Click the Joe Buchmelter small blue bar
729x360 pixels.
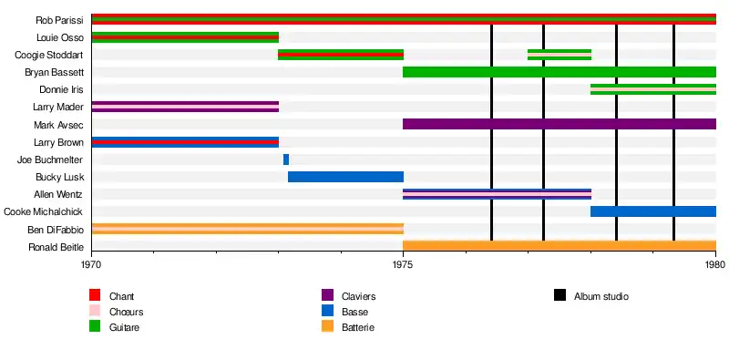point(286,159)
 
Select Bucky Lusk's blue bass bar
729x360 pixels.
point(346,177)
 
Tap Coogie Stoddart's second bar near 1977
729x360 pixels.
point(560,55)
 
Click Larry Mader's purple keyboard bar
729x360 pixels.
point(186,107)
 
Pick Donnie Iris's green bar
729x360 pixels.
point(653,89)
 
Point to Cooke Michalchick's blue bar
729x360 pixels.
point(653,211)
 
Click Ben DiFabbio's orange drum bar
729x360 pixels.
point(248,229)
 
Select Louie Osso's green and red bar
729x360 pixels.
point(186,37)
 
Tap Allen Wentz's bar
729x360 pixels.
point(497,194)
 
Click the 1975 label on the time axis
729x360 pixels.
point(403,264)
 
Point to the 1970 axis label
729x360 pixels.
point(92,264)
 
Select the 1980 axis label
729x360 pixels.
point(715,264)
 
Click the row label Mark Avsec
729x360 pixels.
point(58,125)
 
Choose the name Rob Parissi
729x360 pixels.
point(60,20)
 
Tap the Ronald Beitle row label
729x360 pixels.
point(56,246)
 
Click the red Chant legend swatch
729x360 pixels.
point(95,295)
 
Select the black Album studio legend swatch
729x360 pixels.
point(560,295)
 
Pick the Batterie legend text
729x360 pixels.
point(358,327)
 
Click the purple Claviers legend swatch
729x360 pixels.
point(327,295)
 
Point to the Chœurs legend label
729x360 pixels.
point(126,312)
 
